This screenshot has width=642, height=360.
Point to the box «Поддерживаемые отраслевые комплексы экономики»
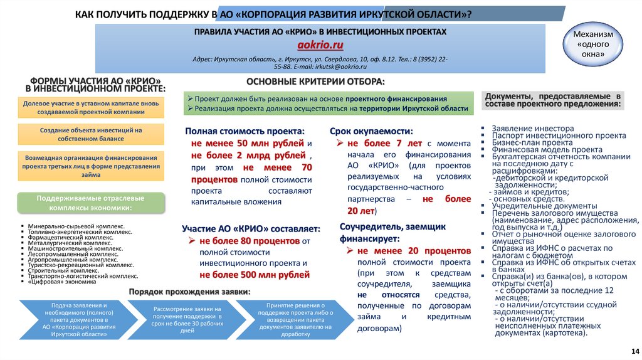(91, 203)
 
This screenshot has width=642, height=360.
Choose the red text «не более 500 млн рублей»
(255, 275)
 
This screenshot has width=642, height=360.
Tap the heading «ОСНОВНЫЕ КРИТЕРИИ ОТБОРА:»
(315, 83)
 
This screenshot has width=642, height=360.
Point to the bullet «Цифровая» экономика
(57, 282)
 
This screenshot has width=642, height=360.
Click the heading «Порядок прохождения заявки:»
(189, 292)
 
